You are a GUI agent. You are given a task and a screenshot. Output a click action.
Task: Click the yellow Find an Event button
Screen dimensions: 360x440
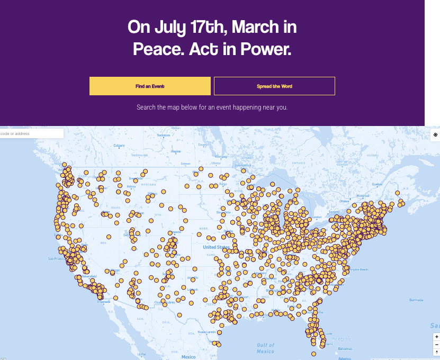150,86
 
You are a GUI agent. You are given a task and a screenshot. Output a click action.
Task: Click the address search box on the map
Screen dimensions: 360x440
31,133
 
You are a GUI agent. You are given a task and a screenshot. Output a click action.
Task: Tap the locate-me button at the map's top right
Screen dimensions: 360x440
435,134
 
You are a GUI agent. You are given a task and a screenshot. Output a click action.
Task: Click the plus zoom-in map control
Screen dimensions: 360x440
436,337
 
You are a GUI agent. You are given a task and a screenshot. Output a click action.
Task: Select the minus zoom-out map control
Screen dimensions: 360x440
436,345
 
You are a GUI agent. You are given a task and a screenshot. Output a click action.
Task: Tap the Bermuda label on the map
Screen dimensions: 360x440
416,300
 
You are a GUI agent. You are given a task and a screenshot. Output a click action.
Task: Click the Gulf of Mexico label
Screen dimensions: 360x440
265,348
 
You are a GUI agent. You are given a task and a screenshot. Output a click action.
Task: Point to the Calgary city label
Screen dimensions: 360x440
119,146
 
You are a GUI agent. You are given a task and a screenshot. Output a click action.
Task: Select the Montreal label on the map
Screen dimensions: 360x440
363,195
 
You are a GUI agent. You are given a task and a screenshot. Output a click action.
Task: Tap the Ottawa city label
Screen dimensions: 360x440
344,201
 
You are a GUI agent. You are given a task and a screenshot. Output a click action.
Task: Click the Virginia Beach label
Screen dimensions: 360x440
356,269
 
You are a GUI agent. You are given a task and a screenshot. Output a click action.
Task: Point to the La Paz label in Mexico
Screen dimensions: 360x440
141,354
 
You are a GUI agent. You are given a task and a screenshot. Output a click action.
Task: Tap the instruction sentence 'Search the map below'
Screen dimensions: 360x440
212,107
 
